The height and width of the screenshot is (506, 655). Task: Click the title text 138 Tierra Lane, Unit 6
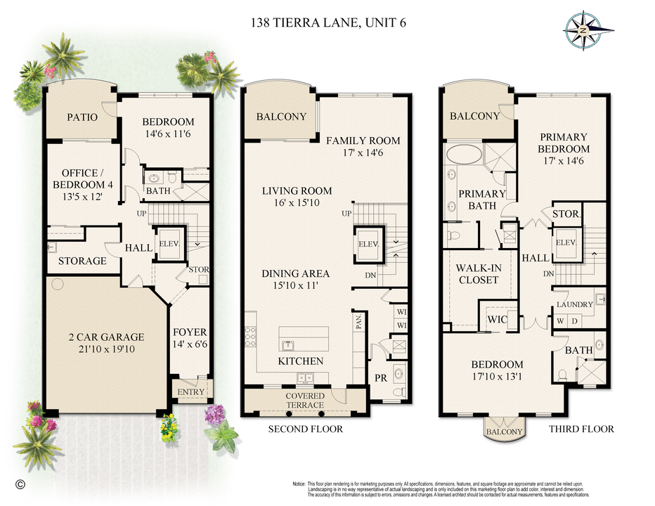click(x=328, y=22)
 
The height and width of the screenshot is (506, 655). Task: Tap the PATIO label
click(x=82, y=117)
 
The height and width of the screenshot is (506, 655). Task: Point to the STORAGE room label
click(x=82, y=261)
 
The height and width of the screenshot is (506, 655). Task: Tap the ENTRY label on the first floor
click(x=190, y=392)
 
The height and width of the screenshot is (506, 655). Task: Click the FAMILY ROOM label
click(x=363, y=141)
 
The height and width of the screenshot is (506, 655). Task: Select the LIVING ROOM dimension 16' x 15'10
click(x=297, y=205)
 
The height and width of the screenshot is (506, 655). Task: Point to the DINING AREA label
click(x=296, y=273)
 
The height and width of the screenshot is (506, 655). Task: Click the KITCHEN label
click(x=300, y=361)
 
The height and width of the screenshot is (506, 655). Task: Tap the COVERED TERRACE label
click(x=305, y=401)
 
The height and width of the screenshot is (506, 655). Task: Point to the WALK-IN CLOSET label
click(x=477, y=273)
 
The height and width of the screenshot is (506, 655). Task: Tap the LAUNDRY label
click(x=576, y=304)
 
